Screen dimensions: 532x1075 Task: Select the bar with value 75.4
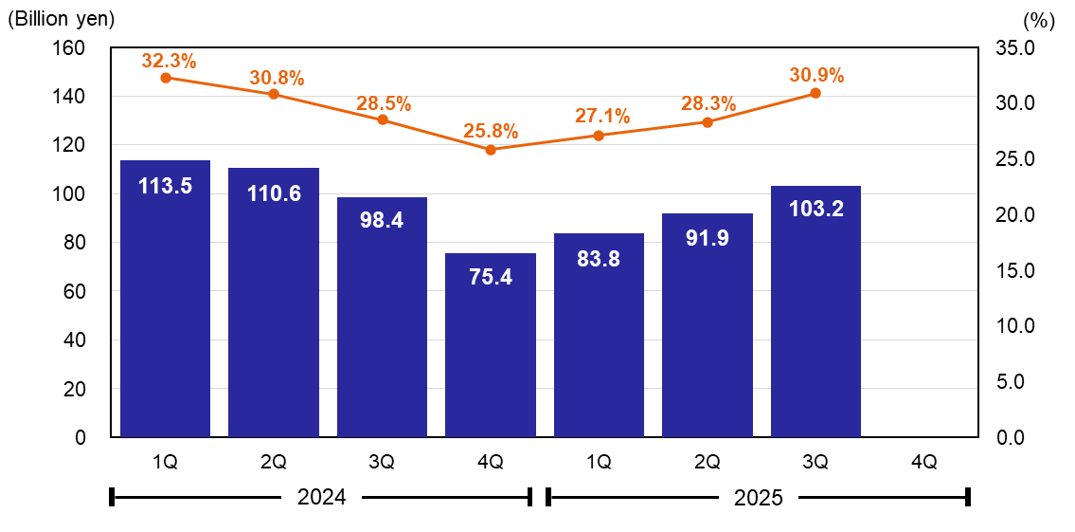click(x=490, y=345)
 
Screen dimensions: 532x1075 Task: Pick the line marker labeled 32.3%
click(x=166, y=78)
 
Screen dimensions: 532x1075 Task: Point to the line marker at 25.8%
click(x=491, y=150)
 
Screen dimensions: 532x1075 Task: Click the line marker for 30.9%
click(x=815, y=93)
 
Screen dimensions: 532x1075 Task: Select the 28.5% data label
click(x=384, y=104)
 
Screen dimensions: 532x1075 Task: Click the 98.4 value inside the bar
click(x=382, y=221)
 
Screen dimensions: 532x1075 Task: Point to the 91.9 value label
click(x=708, y=238)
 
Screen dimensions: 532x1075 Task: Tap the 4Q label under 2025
click(x=923, y=462)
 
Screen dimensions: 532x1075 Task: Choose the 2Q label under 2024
click(x=274, y=462)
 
